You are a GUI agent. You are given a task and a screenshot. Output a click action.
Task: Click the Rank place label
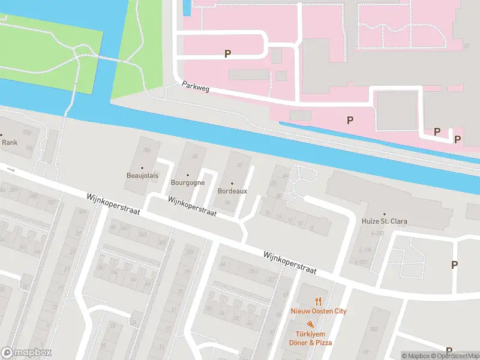click(x=10, y=143)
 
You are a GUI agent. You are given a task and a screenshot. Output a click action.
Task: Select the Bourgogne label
click(x=188, y=182)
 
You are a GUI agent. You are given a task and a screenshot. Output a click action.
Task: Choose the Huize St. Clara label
click(x=385, y=221)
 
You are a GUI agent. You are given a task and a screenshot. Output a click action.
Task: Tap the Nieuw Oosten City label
click(x=319, y=311)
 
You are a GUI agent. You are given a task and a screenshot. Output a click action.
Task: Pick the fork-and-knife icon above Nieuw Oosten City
click(x=319, y=301)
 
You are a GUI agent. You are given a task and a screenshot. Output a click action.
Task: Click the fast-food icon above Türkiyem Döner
click(x=310, y=325)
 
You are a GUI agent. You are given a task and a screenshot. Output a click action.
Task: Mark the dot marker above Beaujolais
click(x=142, y=169)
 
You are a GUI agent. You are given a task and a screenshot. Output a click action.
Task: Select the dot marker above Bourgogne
click(x=188, y=175)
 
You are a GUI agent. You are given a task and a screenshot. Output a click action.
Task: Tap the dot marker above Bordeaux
click(x=232, y=183)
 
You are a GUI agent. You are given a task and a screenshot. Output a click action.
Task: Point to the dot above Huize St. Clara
click(x=385, y=213)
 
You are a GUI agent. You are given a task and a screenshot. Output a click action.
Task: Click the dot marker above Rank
click(x=2, y=135)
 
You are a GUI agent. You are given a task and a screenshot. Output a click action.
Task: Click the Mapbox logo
click(x=26, y=352)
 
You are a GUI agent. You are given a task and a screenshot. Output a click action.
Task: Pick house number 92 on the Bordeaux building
click(x=239, y=164)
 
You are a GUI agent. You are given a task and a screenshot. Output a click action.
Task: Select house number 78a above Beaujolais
click(x=146, y=151)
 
